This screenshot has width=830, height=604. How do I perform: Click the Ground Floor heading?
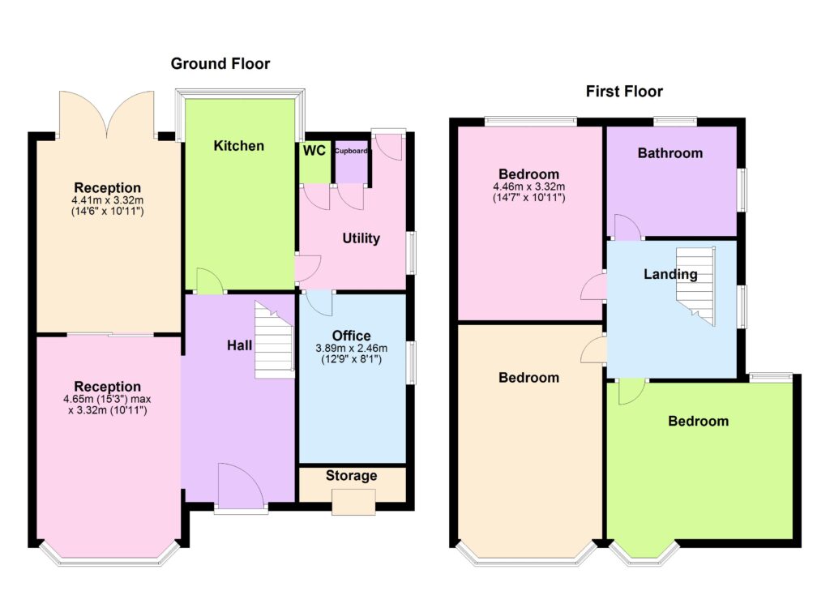tap(220, 64)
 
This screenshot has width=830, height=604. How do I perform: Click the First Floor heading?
tap(624, 92)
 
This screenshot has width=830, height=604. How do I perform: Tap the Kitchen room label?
tap(239, 146)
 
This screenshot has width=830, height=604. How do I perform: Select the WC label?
tap(314, 151)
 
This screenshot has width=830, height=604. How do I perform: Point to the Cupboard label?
tap(352, 151)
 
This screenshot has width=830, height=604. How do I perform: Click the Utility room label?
tap(361, 238)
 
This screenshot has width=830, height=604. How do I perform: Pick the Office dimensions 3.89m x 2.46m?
tap(352, 349)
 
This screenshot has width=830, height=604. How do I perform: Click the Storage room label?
tap(352, 476)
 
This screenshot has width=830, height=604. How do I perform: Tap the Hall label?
tap(239, 345)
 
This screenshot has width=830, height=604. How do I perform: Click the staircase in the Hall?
tap(274, 340)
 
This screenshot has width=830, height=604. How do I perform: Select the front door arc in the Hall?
tap(241, 486)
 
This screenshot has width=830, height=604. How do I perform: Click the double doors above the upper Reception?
tap(107, 114)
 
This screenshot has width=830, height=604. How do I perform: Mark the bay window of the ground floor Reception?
tap(109, 554)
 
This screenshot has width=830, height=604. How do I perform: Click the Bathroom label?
tap(670, 153)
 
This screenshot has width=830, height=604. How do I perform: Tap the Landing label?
tap(670, 274)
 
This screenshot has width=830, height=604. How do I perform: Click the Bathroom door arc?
tap(628, 226)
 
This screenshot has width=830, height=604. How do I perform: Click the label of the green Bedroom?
tap(698, 422)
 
